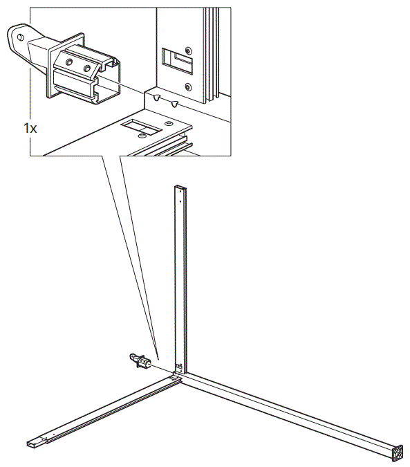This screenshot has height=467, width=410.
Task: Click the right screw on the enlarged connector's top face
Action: (86, 68)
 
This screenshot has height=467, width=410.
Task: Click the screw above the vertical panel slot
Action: (187, 51)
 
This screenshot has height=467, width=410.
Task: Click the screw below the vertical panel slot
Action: (188, 87)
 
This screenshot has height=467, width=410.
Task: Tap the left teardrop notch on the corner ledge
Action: (158, 98)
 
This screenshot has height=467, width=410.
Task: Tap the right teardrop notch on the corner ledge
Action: (176, 104)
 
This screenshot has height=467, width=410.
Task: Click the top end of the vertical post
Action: (179, 187)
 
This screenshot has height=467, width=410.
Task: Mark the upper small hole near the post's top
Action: (179, 195)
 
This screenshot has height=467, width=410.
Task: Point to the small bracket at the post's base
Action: (179, 366)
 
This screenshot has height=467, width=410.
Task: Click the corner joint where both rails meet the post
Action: (178, 378)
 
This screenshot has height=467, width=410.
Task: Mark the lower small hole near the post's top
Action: (179, 201)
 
